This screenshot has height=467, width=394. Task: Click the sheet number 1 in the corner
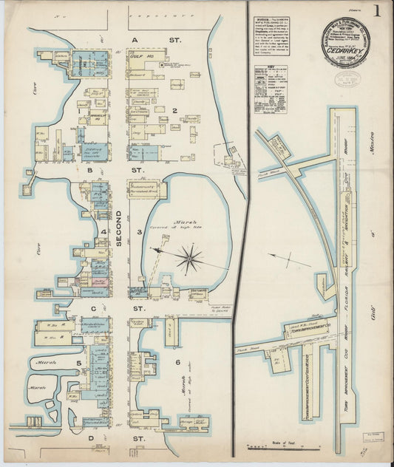378,11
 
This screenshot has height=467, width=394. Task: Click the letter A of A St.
135,39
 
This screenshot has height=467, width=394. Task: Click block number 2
174,112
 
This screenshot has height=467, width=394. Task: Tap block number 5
78,364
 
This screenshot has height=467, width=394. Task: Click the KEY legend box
270,89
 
